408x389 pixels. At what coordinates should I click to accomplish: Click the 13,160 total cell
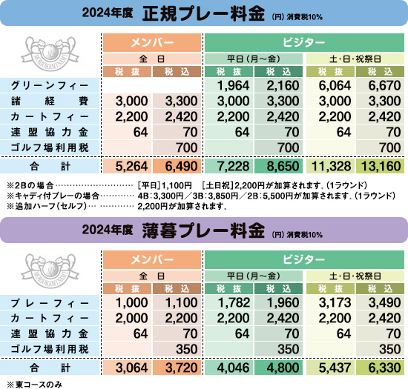[381, 166]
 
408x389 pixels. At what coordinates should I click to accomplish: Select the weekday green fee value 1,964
[233, 85]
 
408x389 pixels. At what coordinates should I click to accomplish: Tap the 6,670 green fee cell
[384, 85]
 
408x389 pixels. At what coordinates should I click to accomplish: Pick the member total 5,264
[131, 166]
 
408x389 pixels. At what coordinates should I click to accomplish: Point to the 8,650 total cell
[283, 166]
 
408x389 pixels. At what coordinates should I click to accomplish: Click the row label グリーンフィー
[50, 85]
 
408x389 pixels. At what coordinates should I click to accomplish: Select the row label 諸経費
[50, 101]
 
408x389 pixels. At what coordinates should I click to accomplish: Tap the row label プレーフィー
[50, 303]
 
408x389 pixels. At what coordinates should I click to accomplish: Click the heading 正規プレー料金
[203, 13]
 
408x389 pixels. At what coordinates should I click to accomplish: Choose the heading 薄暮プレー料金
[203, 230]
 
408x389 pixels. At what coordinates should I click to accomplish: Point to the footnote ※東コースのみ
[35, 385]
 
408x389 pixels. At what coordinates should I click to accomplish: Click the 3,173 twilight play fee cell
[335, 303]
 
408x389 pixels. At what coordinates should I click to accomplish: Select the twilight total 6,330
[384, 368]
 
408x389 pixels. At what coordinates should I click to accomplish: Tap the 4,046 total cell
[233, 368]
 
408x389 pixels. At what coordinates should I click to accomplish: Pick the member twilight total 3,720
[181, 368]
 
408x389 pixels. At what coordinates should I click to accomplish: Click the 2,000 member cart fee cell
[131, 318]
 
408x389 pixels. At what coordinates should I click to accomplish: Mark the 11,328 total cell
[332, 166]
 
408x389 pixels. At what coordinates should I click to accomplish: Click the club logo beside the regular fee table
[50, 53]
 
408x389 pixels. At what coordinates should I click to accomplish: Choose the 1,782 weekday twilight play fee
[234, 303]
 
